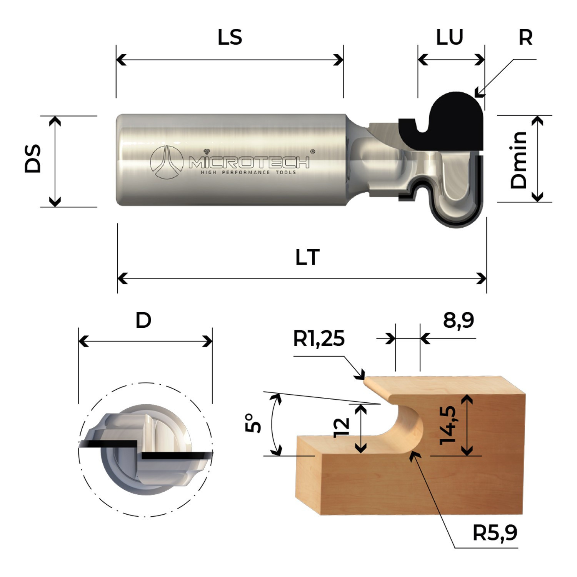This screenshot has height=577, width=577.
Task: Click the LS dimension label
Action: (x=230, y=37)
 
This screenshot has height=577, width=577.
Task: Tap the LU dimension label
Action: (x=449, y=37)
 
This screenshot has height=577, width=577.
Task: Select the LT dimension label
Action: (x=307, y=257)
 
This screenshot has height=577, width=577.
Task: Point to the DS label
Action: (x=33, y=158)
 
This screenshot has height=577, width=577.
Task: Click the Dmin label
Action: (x=519, y=160)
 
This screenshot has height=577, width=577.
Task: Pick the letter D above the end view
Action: (x=143, y=320)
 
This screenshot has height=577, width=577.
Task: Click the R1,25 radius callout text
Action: (x=319, y=339)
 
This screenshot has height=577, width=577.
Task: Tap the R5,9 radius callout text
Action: (x=495, y=533)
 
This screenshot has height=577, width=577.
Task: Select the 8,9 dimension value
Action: (x=459, y=320)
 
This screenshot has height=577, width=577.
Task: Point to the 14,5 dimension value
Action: (x=448, y=425)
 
